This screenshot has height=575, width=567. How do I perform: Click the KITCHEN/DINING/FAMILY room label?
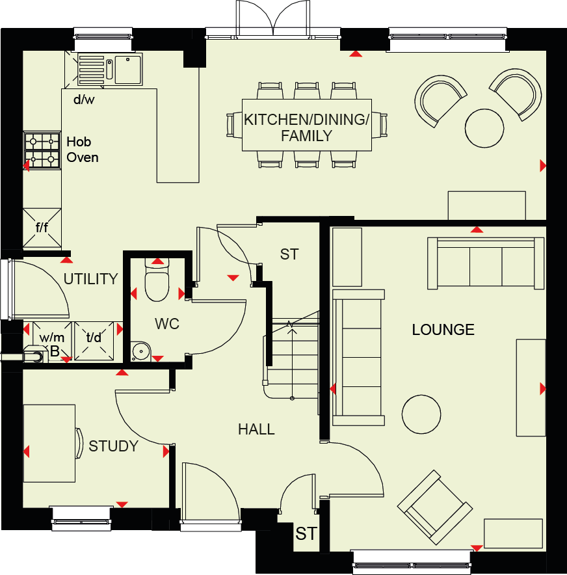307,127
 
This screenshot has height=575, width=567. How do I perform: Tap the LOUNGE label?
443,330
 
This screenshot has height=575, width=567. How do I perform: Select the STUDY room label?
114,446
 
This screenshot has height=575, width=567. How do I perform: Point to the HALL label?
256,429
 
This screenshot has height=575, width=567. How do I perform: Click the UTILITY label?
91,279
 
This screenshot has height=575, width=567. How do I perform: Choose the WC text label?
167,323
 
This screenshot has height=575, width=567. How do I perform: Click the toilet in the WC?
157,282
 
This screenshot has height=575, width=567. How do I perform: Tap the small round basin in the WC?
140,352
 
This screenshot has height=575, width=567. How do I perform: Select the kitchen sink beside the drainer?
127,70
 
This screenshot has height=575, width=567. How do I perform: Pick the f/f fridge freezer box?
42,228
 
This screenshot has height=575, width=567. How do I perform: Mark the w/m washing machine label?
52,338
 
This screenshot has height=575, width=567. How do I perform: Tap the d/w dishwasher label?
83,100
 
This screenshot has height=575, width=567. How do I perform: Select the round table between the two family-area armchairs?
484,127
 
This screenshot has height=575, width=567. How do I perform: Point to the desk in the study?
49,443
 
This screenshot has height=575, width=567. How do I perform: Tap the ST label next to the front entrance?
306,534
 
